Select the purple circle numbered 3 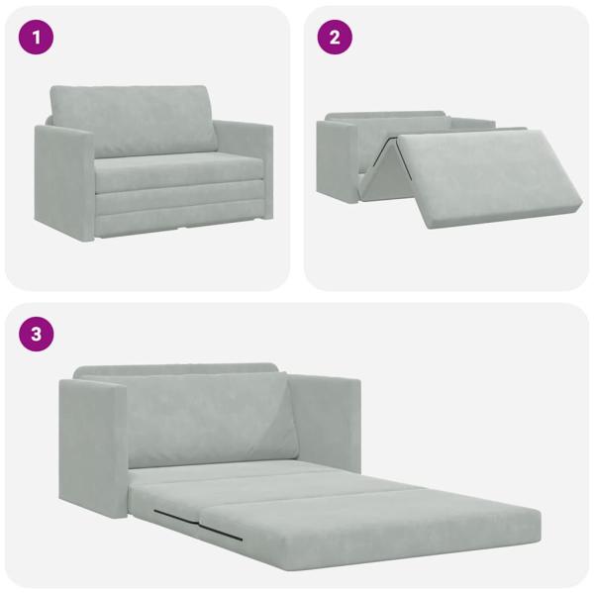pyautogui.click(x=37, y=334)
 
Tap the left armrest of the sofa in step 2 pyautogui.click(x=336, y=158)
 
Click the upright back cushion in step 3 pyautogui.click(x=208, y=421)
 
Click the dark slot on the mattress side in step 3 pyautogui.click(x=199, y=524)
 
